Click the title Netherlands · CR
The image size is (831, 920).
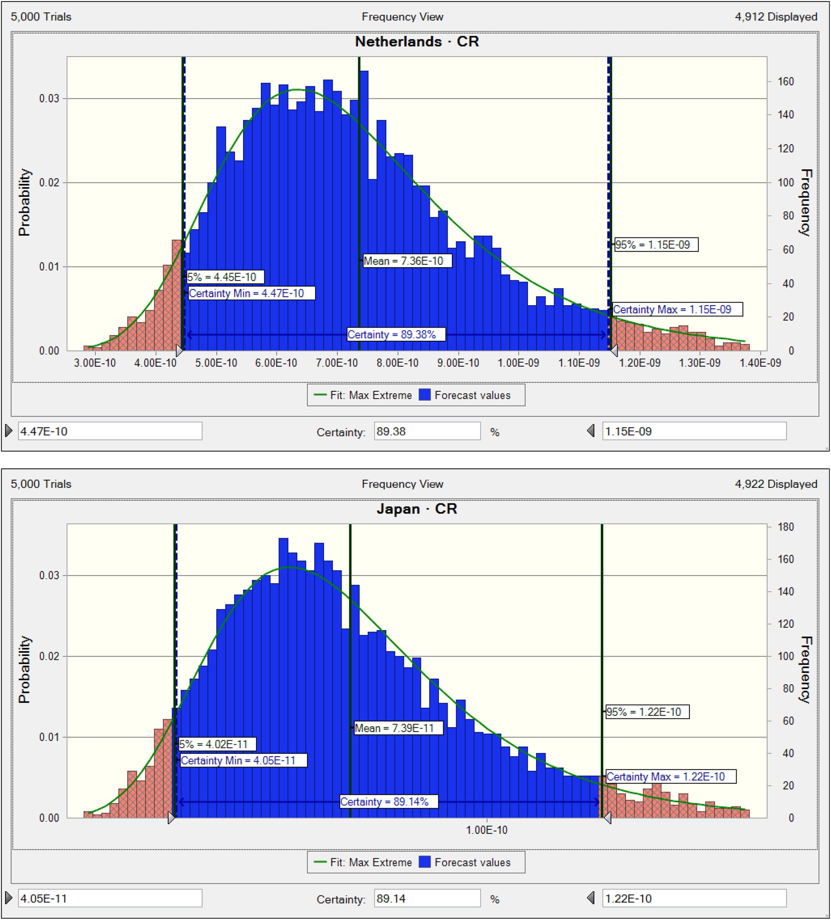pos(417,42)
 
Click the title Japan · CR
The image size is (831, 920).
pos(417,508)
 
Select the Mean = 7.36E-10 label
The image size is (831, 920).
pos(407,261)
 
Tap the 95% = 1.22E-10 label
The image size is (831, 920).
pos(647,712)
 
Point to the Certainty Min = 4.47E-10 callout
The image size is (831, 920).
pos(252,293)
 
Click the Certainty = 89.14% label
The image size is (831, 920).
pos(389,802)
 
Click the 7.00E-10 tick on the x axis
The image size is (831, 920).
pos(337,363)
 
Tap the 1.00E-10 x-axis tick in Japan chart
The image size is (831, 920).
pos(486,830)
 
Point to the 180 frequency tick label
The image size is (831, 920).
pos(785,527)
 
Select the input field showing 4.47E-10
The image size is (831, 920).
pos(109,431)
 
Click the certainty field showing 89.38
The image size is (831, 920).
pos(427,431)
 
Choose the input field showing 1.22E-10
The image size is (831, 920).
pos(694,898)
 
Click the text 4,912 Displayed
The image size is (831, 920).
pos(776,17)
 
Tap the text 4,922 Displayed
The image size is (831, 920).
pos(776,484)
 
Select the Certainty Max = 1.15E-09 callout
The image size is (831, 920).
pos(677,309)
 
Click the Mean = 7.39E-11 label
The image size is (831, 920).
pos(398,728)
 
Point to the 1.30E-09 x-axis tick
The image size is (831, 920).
pos(699,363)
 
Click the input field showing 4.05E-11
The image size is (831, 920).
pos(109,898)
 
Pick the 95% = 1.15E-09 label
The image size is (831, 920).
pos(656,244)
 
